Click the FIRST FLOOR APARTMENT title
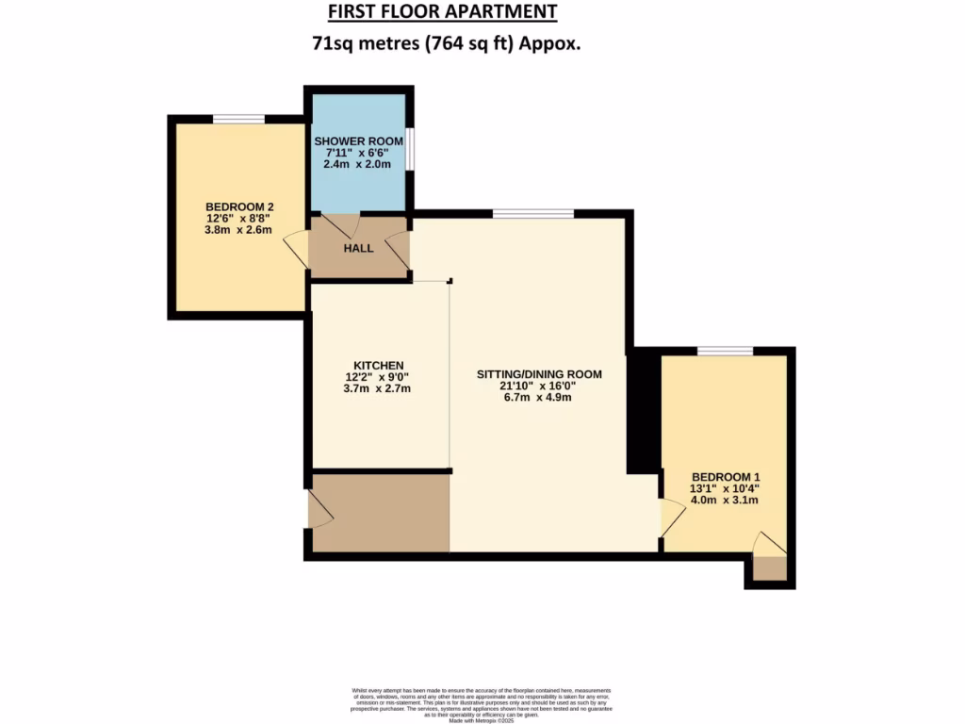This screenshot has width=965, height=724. point(442,12)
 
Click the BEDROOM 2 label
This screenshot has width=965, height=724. point(239,207)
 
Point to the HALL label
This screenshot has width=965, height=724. point(358,249)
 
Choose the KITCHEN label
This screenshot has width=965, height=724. point(379,366)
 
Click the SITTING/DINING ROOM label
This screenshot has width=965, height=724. point(538,374)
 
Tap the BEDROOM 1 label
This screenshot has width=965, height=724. point(725,476)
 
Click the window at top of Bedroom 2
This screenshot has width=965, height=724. point(238,119)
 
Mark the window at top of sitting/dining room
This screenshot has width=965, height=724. point(532,214)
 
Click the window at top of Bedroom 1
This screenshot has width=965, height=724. point(725,352)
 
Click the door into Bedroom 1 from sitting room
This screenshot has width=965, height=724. point(670,518)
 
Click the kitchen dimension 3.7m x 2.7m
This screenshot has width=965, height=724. point(379,388)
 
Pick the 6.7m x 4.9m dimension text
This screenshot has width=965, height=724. point(538,397)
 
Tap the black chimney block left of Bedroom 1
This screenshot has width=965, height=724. point(643,410)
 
